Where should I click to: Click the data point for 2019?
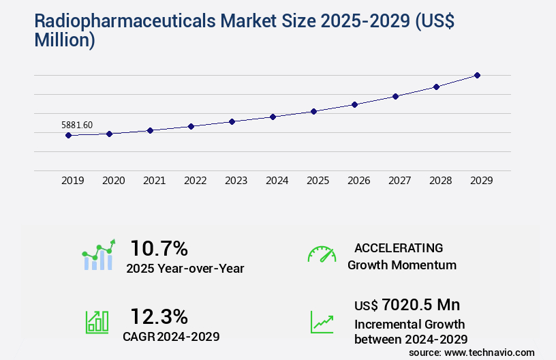[x=68, y=135]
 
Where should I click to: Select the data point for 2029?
[x=477, y=75]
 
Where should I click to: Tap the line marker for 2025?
[x=313, y=111]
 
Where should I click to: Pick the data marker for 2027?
[x=395, y=96]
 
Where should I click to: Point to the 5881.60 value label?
[x=77, y=125]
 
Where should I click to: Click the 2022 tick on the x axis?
[x=195, y=181]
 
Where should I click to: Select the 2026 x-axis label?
[x=358, y=181]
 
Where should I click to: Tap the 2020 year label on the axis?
[x=113, y=181]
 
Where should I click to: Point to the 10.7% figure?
[x=159, y=247]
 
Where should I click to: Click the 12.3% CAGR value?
[x=159, y=316]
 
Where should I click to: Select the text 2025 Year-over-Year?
[x=185, y=269]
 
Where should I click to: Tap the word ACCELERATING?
[x=399, y=247]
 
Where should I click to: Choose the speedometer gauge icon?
[x=322, y=254]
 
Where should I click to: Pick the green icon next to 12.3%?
[x=96, y=322]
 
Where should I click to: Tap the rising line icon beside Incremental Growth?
[x=322, y=322]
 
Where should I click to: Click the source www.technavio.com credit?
[x=472, y=352]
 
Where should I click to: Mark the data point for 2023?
[x=232, y=121]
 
